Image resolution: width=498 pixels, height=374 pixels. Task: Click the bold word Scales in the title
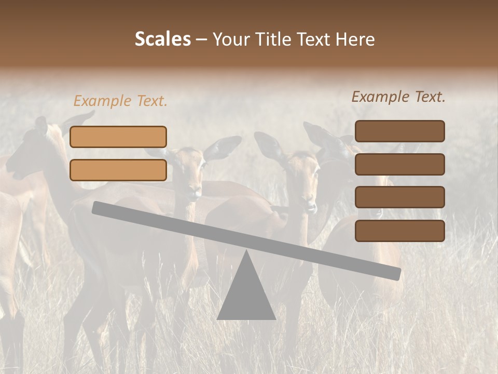pos(162,39)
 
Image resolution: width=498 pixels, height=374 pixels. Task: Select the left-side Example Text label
pos(120,101)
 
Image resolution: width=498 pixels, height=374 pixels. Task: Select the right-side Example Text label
pos(398,97)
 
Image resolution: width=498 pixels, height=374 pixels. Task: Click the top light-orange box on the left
pos(118,137)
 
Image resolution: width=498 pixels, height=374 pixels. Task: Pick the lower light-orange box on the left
pos(118,170)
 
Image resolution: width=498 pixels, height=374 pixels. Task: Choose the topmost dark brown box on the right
pos(399,131)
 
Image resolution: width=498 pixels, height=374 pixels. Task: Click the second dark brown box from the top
pos(399,164)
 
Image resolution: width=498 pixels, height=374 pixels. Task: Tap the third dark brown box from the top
pos(399,197)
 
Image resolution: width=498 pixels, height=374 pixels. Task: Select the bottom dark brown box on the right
pos(399,231)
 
